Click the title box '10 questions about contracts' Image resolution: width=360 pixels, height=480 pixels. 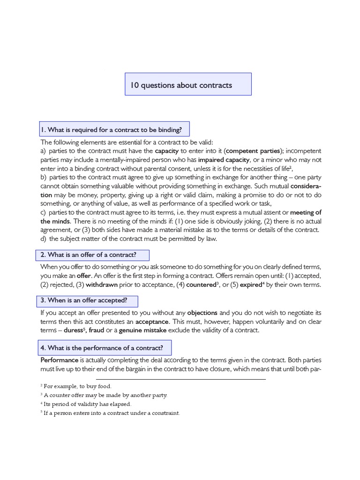(188, 84)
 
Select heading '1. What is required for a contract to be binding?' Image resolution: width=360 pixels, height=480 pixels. (114, 129)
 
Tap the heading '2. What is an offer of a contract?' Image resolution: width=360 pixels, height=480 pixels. (92, 255)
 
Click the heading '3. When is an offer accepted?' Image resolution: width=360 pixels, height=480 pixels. (87, 300)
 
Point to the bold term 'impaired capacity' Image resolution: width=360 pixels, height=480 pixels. (224, 160)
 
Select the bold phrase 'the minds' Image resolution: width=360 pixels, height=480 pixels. (55, 221)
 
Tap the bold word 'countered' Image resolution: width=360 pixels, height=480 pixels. (201, 285)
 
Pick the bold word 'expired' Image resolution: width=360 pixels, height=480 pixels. (251, 285)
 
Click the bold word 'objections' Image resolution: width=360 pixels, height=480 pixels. (202, 313)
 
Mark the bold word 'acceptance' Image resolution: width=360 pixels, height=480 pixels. (152, 322)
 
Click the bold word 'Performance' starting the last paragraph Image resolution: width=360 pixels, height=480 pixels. (59, 360)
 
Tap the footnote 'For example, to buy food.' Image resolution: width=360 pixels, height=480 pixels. (77, 386)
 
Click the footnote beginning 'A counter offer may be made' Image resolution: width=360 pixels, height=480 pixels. (105, 395)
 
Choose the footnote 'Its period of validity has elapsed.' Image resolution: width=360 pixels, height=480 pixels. (87, 404)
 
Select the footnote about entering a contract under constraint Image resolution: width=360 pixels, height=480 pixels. (112, 413)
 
